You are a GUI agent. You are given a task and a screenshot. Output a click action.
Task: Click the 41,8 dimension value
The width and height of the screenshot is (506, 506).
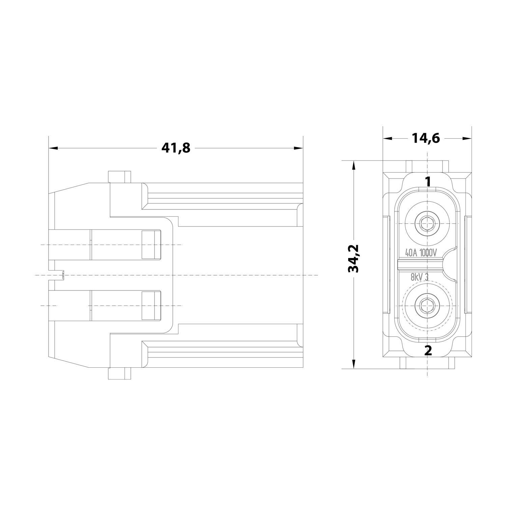point(175,148)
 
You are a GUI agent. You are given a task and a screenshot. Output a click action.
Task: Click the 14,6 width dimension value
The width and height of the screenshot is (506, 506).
point(426,138)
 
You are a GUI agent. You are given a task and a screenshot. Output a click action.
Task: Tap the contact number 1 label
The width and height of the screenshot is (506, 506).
point(428,182)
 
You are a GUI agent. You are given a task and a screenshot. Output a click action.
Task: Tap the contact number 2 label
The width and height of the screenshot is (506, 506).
point(428,350)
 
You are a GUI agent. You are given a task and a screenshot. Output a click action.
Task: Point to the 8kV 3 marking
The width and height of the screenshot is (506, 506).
point(419,277)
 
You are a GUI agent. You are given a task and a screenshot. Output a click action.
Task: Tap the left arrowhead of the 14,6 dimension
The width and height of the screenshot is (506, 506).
point(388,138)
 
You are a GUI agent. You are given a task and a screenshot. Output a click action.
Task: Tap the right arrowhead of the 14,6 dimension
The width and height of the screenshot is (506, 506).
point(467,138)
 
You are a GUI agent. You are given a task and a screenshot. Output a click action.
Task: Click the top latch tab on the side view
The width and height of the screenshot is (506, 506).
point(119,177)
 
